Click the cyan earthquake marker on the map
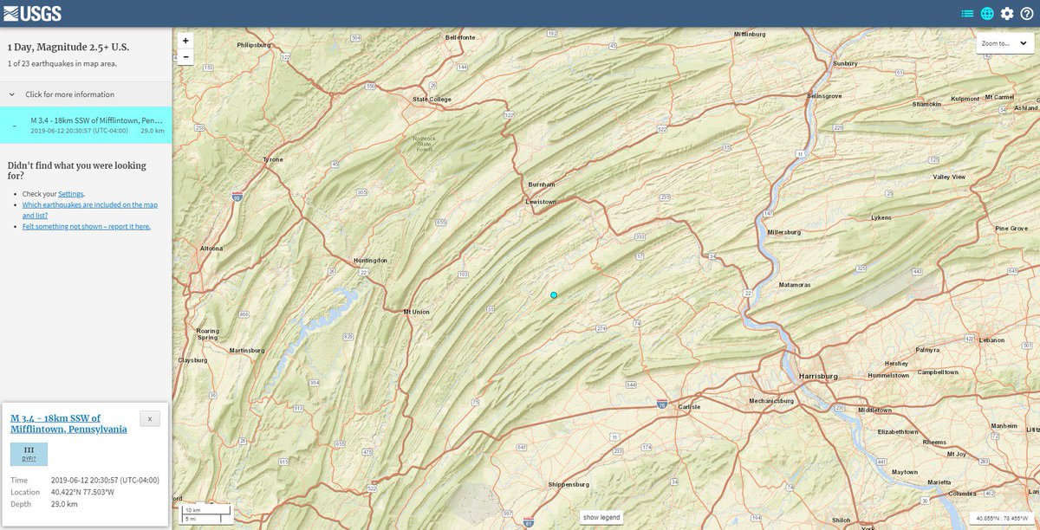554,295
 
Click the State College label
432,100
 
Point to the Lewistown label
541,202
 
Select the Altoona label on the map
211,249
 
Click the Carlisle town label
689,406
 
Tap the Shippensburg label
569,484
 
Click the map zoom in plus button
185,40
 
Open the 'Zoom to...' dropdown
1004,43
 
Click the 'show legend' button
601,517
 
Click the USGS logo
32,13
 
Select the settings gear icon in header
1007,13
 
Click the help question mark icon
1027,13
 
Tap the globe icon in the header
987,13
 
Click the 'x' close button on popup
150,419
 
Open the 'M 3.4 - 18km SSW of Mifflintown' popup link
68,423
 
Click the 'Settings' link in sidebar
71,194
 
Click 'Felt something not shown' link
87,226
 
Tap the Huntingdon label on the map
371,260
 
